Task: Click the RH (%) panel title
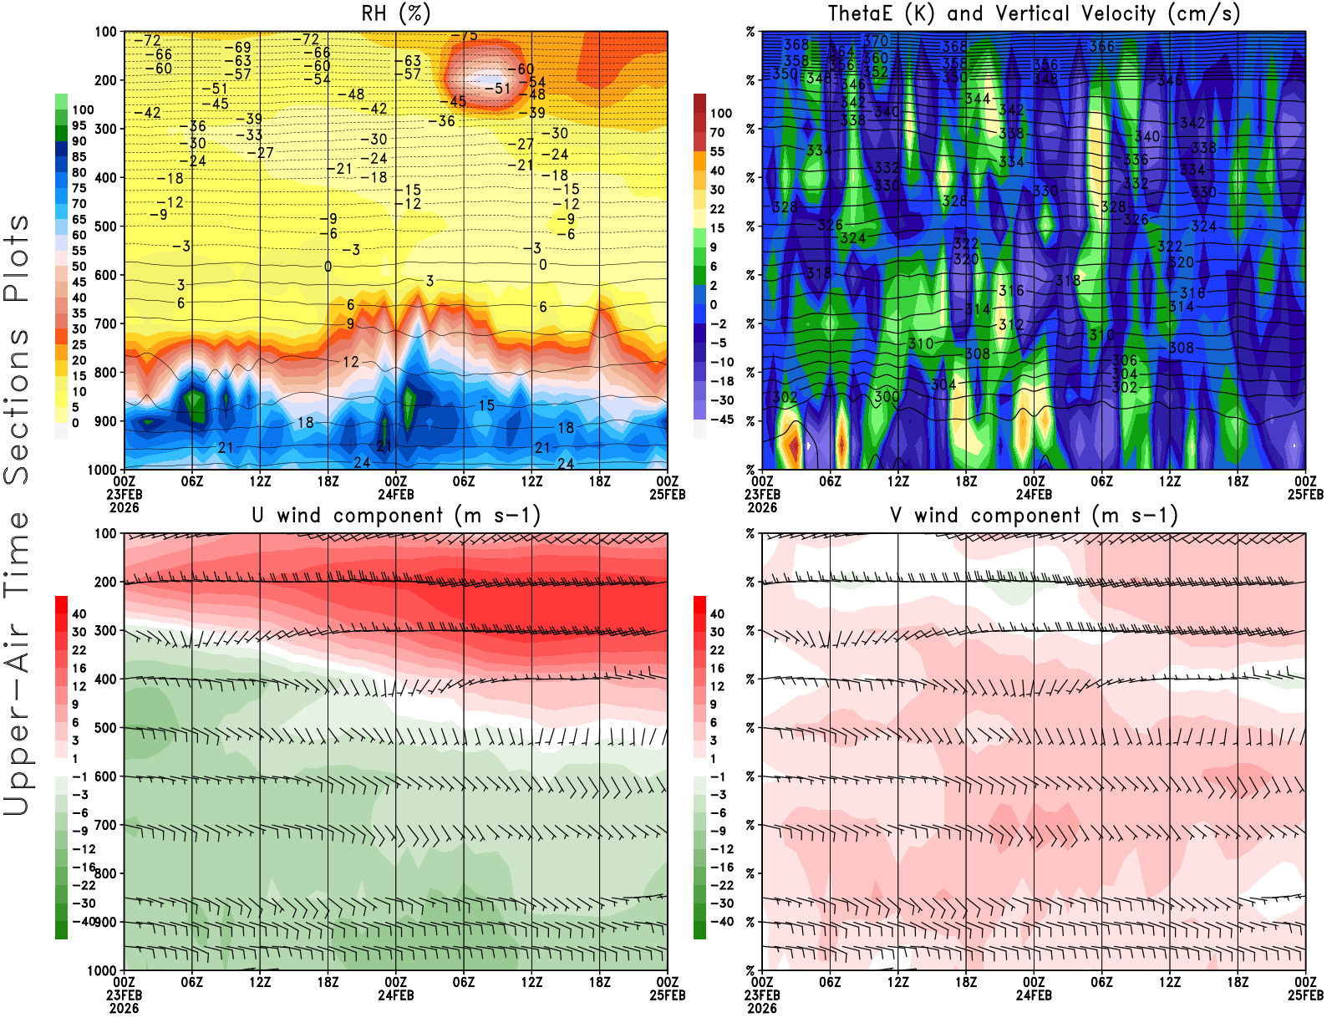[396, 14]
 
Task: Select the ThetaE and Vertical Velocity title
[1034, 14]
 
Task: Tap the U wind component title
[396, 516]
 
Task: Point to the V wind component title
[1034, 516]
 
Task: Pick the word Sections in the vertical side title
[17, 405]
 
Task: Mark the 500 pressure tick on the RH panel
[106, 226]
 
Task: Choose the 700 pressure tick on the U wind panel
[106, 825]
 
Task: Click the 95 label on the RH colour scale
[79, 125]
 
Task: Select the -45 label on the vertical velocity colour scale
[721, 420]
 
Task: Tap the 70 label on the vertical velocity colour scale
[717, 132]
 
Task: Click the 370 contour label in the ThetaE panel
[876, 41]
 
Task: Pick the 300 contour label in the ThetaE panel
[887, 396]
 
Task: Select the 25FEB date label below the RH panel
[668, 495]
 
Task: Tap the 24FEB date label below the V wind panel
[1034, 996]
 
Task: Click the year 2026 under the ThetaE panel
[762, 507]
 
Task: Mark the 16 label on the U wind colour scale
[79, 669]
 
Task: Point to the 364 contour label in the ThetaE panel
[841, 52]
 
